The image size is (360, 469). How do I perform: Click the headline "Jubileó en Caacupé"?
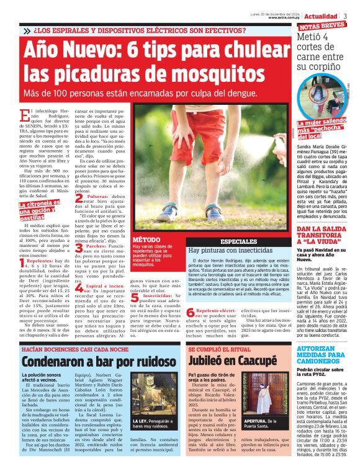pos(232,360)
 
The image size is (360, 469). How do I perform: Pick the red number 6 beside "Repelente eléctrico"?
pos(191,311)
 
